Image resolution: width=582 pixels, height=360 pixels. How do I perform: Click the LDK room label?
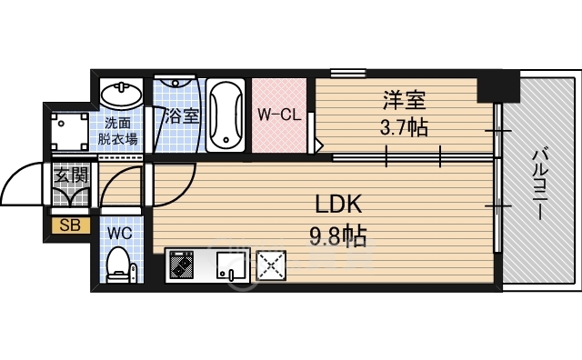(x=338, y=205)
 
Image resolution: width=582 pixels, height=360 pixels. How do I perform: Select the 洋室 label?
(x=404, y=100)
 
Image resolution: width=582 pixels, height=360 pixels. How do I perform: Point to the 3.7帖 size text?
(x=404, y=127)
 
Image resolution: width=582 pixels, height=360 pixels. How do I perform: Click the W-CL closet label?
(x=279, y=115)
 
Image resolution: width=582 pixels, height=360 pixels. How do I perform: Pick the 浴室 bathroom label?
(x=182, y=116)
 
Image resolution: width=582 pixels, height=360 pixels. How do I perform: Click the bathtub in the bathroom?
(x=226, y=115)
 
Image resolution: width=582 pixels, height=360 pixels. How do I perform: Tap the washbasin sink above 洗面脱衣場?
(x=121, y=94)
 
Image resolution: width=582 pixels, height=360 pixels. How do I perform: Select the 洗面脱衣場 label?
(x=117, y=131)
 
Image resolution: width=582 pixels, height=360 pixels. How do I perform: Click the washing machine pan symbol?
(x=70, y=131)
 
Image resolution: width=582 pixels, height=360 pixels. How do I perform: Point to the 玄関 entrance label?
(x=71, y=175)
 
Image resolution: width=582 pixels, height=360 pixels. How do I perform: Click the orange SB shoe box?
(x=70, y=225)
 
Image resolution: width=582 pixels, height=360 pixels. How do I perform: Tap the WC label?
(x=119, y=234)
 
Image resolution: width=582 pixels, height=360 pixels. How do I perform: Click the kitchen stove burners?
(x=182, y=265)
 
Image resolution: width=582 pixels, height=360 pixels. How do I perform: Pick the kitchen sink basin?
(x=231, y=265)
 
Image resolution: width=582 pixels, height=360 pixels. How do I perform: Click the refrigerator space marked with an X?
(x=271, y=265)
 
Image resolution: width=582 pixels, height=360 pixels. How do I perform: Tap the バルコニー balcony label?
(x=538, y=185)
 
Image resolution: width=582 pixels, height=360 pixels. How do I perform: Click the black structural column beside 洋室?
(x=497, y=86)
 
